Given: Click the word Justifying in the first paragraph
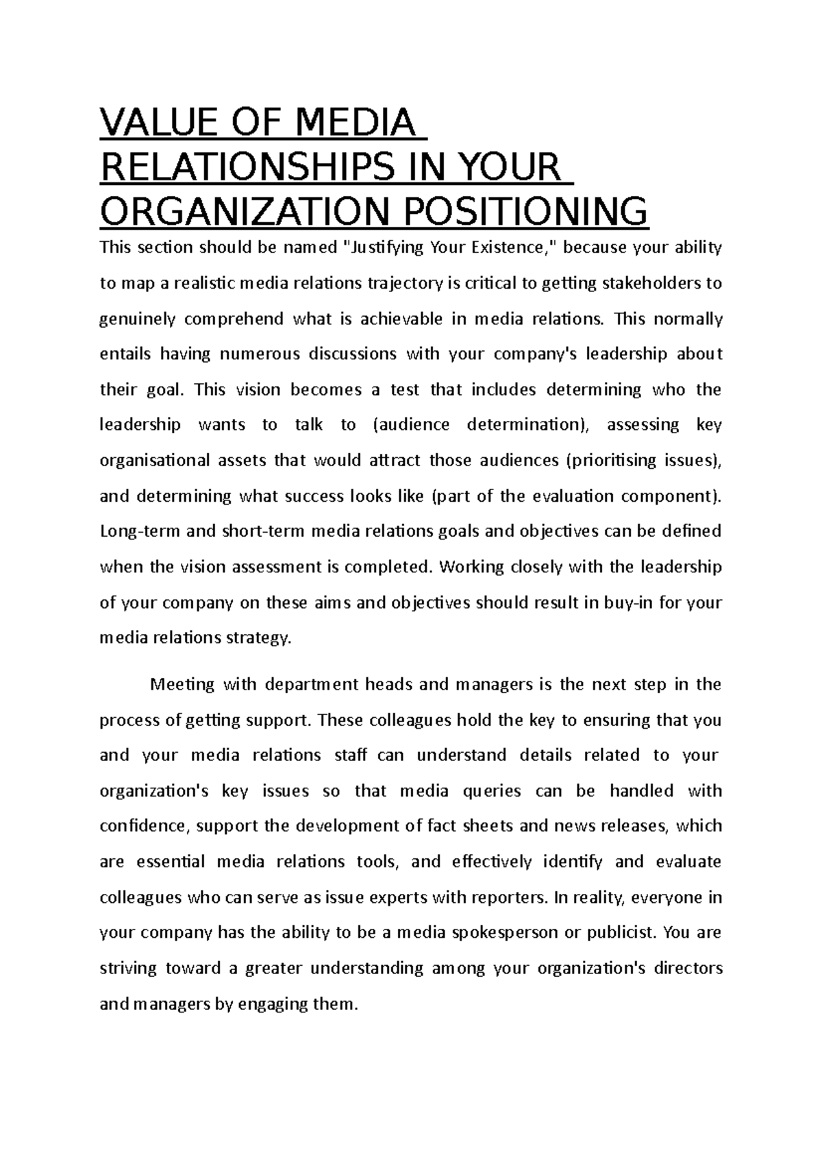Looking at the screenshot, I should click(x=386, y=247).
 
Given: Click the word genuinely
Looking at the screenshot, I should click(x=138, y=319).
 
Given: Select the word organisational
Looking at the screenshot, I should click(x=155, y=460).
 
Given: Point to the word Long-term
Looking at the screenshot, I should click(x=140, y=531).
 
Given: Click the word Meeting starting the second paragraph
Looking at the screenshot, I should click(x=182, y=684).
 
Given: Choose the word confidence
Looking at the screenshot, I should click(x=142, y=826).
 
